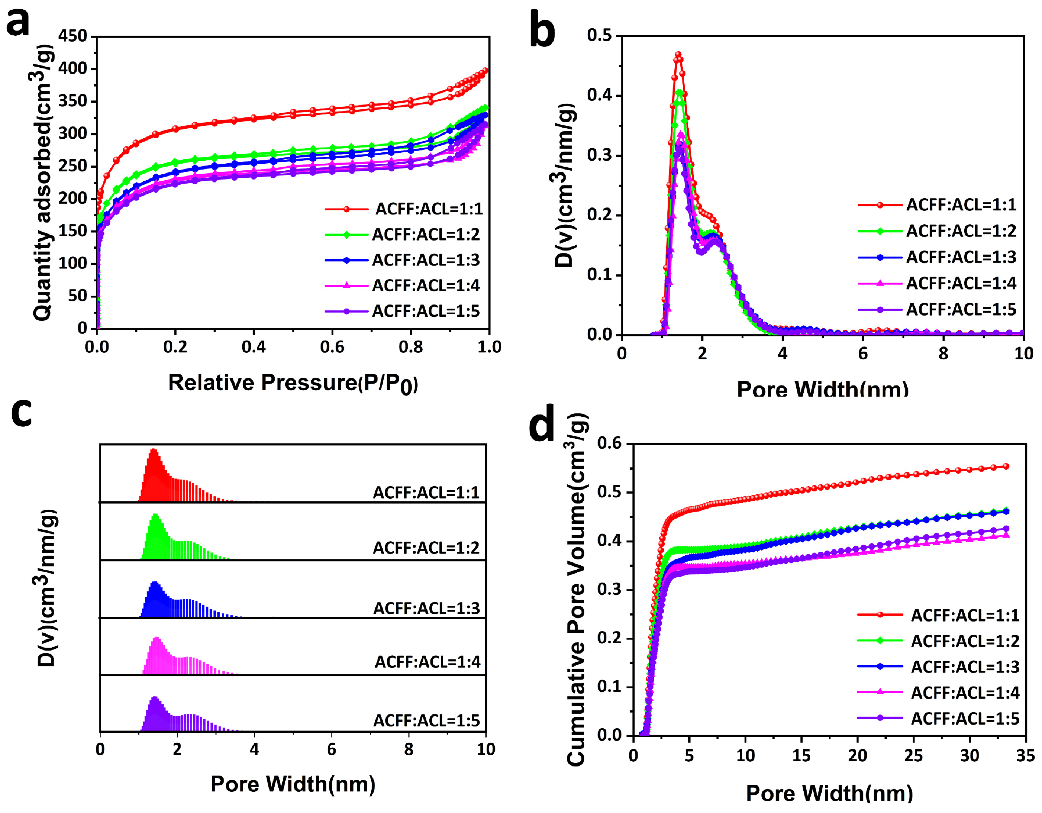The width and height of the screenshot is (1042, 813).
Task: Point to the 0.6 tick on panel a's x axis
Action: pos(332,347)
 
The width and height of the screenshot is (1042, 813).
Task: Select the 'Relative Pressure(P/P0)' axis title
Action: pos(293,383)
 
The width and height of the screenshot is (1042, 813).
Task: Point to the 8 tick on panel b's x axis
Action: pos(943,354)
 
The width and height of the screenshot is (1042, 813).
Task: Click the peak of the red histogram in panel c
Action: pos(153,449)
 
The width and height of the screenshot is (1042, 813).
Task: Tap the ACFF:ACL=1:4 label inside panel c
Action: pos(428,662)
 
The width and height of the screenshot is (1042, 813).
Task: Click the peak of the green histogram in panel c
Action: pos(155,515)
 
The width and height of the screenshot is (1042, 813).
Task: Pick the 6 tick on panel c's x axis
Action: pos(332,749)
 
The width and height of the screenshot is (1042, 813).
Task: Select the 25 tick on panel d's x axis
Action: pos(913,756)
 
